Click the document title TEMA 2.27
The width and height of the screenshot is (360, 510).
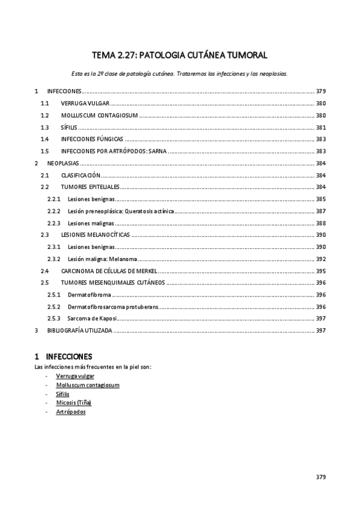pos(180,55)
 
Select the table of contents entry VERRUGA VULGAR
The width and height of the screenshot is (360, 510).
pos(85,103)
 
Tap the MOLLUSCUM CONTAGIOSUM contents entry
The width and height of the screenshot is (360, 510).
pos(99,115)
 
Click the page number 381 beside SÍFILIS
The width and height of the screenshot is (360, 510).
pos(320,127)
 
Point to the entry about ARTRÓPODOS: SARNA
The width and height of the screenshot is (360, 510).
pos(114,151)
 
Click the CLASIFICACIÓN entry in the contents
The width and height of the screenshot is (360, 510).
pos(81,175)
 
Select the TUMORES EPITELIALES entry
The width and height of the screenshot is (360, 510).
pos(91,187)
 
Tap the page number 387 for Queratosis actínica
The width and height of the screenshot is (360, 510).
pos(320,211)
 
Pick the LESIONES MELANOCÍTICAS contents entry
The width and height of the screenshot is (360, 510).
pos(95,235)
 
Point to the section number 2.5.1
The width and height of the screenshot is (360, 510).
pos(54,295)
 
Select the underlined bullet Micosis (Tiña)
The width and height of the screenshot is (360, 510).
pos(73,402)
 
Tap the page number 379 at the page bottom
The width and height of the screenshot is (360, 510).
pos(320,477)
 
